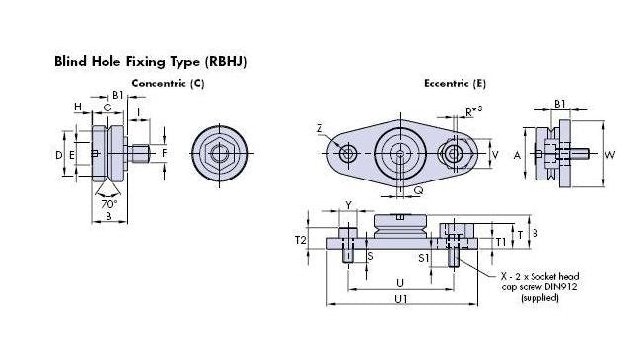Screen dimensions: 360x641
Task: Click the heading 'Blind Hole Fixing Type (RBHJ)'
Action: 150,61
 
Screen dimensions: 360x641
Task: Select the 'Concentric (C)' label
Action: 168,84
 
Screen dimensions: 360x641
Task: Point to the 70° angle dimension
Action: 108,204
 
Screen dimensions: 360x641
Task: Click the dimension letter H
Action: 77,107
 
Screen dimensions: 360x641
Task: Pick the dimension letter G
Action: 107,107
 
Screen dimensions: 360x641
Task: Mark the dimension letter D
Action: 59,155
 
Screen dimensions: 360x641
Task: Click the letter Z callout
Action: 320,128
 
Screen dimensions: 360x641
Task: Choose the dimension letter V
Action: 496,154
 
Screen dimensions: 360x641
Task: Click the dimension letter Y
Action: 348,205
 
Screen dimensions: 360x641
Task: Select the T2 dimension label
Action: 302,240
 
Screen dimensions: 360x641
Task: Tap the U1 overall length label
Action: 401,297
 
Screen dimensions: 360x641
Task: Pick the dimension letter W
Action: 610,154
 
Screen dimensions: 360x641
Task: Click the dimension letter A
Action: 517,155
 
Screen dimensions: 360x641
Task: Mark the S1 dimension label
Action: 422,257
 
